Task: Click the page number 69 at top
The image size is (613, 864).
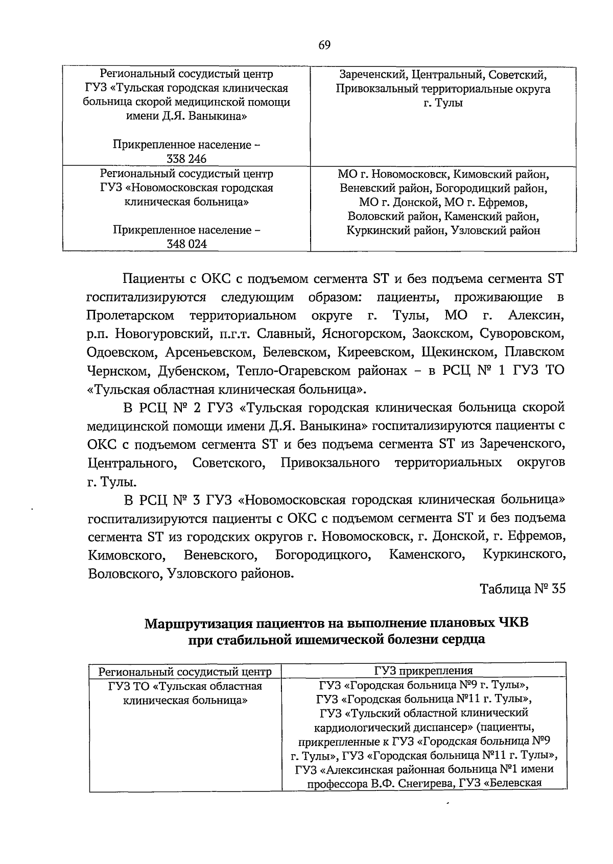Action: (325, 45)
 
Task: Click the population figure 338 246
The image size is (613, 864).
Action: (186, 159)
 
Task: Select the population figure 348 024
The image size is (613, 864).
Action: (186, 244)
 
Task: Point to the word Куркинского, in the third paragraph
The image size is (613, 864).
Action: (524, 555)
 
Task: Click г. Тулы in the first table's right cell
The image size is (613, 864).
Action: (443, 103)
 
